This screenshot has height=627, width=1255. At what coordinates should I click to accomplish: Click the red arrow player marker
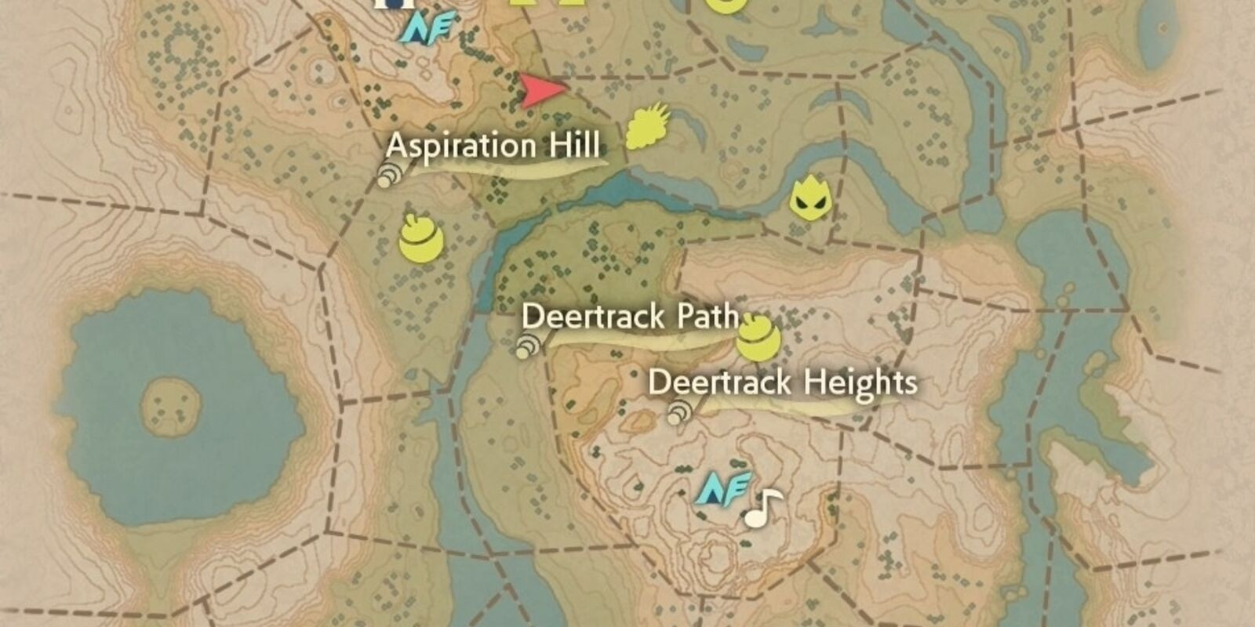[x=541, y=91]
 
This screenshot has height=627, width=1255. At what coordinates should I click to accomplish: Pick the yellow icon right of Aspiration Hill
[x=647, y=127]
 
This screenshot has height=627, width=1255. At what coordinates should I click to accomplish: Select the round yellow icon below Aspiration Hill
[x=420, y=239]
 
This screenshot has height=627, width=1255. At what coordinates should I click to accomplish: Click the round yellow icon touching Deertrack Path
[x=757, y=338]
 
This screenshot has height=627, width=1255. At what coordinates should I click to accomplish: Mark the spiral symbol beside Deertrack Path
[x=527, y=346]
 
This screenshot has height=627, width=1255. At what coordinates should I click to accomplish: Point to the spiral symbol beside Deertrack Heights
[x=678, y=412]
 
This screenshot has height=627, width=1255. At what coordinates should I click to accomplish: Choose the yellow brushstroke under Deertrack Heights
[x=792, y=403]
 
